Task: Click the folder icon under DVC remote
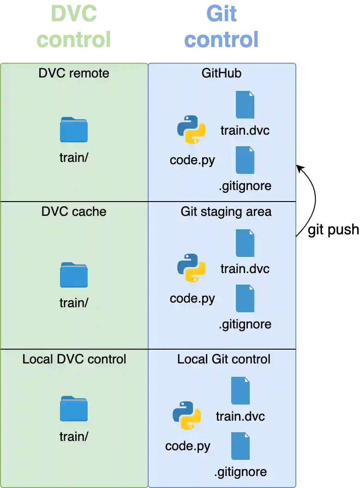(74, 130)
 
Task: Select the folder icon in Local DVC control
(74, 409)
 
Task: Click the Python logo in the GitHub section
(191, 130)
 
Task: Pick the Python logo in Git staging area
(191, 268)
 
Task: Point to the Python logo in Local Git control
(186, 416)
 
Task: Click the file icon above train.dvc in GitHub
(245, 105)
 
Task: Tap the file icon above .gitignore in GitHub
(245, 160)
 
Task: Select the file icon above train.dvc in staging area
(245, 243)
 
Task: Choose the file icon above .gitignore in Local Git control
(240, 446)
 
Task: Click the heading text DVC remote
(74, 73)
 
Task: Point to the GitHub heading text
(222, 73)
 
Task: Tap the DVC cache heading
(74, 212)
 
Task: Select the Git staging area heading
(226, 212)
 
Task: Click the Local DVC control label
(74, 359)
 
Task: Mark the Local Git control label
(224, 359)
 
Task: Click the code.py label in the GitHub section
(192, 160)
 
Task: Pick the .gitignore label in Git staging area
(245, 324)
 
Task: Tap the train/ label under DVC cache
(74, 303)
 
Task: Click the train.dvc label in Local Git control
(240, 417)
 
